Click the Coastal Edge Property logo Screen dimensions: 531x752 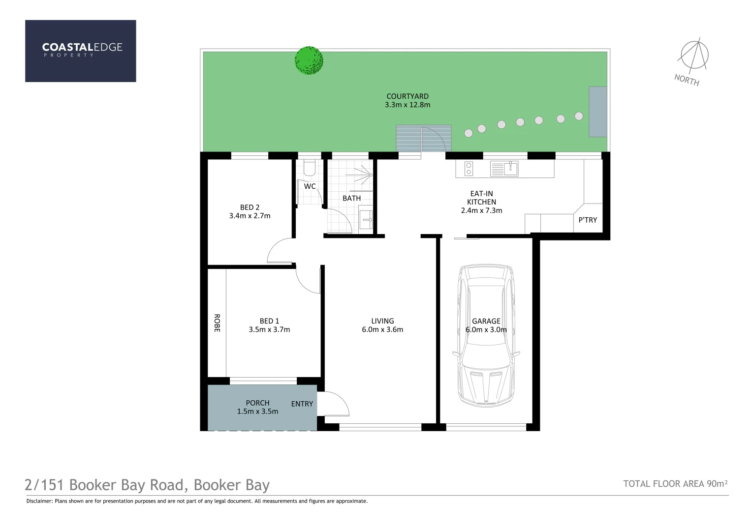pyautogui.click(x=81, y=51)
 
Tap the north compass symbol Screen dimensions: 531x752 pyautogui.click(x=694, y=55)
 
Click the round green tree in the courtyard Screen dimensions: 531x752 pyautogui.click(x=309, y=60)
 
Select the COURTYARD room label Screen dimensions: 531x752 pyautogui.click(x=407, y=96)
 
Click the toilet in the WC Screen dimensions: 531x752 pyautogui.click(x=310, y=168)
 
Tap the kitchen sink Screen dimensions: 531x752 pyautogui.click(x=504, y=169)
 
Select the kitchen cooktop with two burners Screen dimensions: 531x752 pyautogui.click(x=469, y=169)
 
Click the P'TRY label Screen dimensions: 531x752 pyautogui.click(x=588, y=220)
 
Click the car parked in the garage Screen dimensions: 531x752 pyautogui.click(x=486, y=335)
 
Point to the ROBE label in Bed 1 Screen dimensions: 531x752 pyautogui.click(x=217, y=323)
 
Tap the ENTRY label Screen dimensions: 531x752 pyautogui.click(x=302, y=404)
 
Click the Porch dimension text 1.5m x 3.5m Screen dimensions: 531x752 pyautogui.click(x=257, y=412)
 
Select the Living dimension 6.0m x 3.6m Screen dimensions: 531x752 pyautogui.click(x=382, y=329)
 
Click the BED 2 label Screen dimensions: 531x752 pyautogui.click(x=250, y=207)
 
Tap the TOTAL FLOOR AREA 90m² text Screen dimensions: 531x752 pyautogui.click(x=675, y=484)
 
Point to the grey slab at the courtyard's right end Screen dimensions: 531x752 pyautogui.click(x=597, y=112)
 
